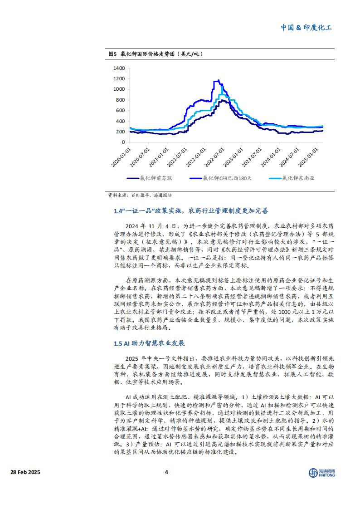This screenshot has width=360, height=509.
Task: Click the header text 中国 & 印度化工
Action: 306,28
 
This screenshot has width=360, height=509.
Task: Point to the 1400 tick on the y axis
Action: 119,68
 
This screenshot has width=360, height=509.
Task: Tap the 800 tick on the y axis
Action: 120,100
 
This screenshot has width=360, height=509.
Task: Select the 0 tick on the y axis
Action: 123,142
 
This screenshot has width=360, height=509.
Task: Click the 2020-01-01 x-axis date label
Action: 121,157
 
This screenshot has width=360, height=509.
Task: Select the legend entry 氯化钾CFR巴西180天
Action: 226,179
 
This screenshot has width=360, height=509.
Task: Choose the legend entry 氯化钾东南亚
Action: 300,179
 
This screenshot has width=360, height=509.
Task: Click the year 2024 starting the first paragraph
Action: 134,225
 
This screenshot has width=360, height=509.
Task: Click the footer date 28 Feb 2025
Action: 25,472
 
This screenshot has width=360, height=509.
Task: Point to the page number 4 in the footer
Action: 166,472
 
